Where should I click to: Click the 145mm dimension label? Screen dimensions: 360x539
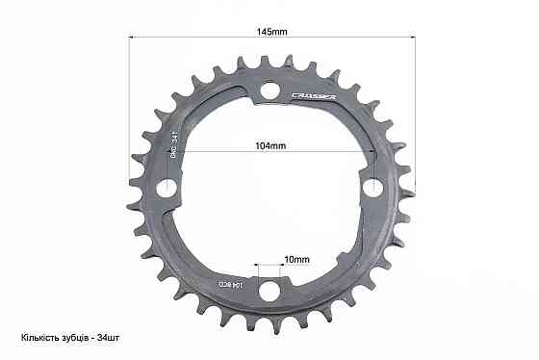pos(272,32)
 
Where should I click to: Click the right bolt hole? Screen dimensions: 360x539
pos(373,184)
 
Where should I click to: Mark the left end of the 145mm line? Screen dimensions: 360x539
pos(128,38)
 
